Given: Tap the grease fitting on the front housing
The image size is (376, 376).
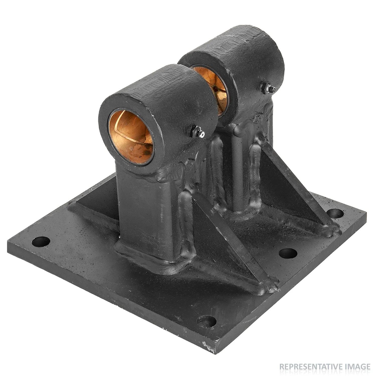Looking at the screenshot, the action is pyautogui.click(x=198, y=132).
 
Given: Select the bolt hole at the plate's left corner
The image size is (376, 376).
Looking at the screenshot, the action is pyautogui.click(x=41, y=241).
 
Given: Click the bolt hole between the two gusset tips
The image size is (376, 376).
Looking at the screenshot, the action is pyautogui.click(x=288, y=253).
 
